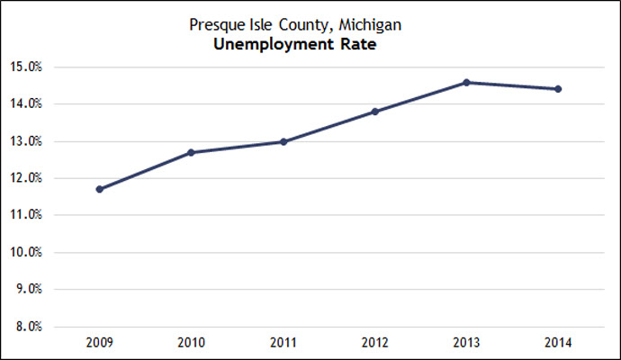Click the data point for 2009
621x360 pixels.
(x=99, y=189)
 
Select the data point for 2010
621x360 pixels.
(x=191, y=152)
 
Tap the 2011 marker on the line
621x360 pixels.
(x=283, y=141)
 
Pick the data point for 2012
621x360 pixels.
(x=374, y=112)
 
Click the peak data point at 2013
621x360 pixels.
(x=466, y=82)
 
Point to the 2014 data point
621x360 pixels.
(x=558, y=89)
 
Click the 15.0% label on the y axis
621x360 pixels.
(x=31, y=67)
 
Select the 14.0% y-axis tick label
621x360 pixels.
(x=31, y=103)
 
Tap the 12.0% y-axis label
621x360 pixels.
(x=31, y=178)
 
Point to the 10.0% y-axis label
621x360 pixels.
(x=31, y=252)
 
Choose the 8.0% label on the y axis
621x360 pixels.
(x=33, y=327)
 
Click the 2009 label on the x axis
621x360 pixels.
(x=99, y=342)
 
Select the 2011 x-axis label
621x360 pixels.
(x=283, y=342)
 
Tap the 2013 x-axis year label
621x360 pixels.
(x=466, y=342)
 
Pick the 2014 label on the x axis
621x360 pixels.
(x=558, y=342)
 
